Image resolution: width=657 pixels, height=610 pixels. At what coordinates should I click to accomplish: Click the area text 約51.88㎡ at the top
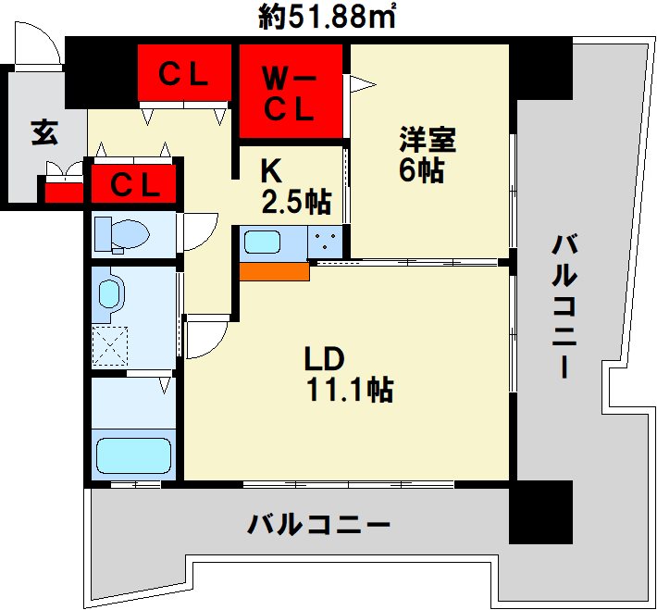[x=328, y=17]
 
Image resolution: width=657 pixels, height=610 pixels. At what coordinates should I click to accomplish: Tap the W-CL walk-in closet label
[x=291, y=93]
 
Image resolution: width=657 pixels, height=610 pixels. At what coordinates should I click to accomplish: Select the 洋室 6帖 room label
[x=427, y=156]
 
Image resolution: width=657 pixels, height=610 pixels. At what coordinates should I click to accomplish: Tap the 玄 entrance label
[x=43, y=133]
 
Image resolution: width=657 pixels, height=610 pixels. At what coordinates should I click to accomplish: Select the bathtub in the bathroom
[x=134, y=455]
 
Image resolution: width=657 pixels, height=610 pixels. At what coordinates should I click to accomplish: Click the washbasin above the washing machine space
[x=110, y=294]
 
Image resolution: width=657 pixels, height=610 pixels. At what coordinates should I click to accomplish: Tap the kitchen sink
[x=262, y=244]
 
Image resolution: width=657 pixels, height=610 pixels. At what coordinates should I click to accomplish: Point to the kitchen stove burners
[x=326, y=243]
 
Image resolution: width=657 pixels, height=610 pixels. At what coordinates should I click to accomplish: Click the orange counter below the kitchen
[x=274, y=270]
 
